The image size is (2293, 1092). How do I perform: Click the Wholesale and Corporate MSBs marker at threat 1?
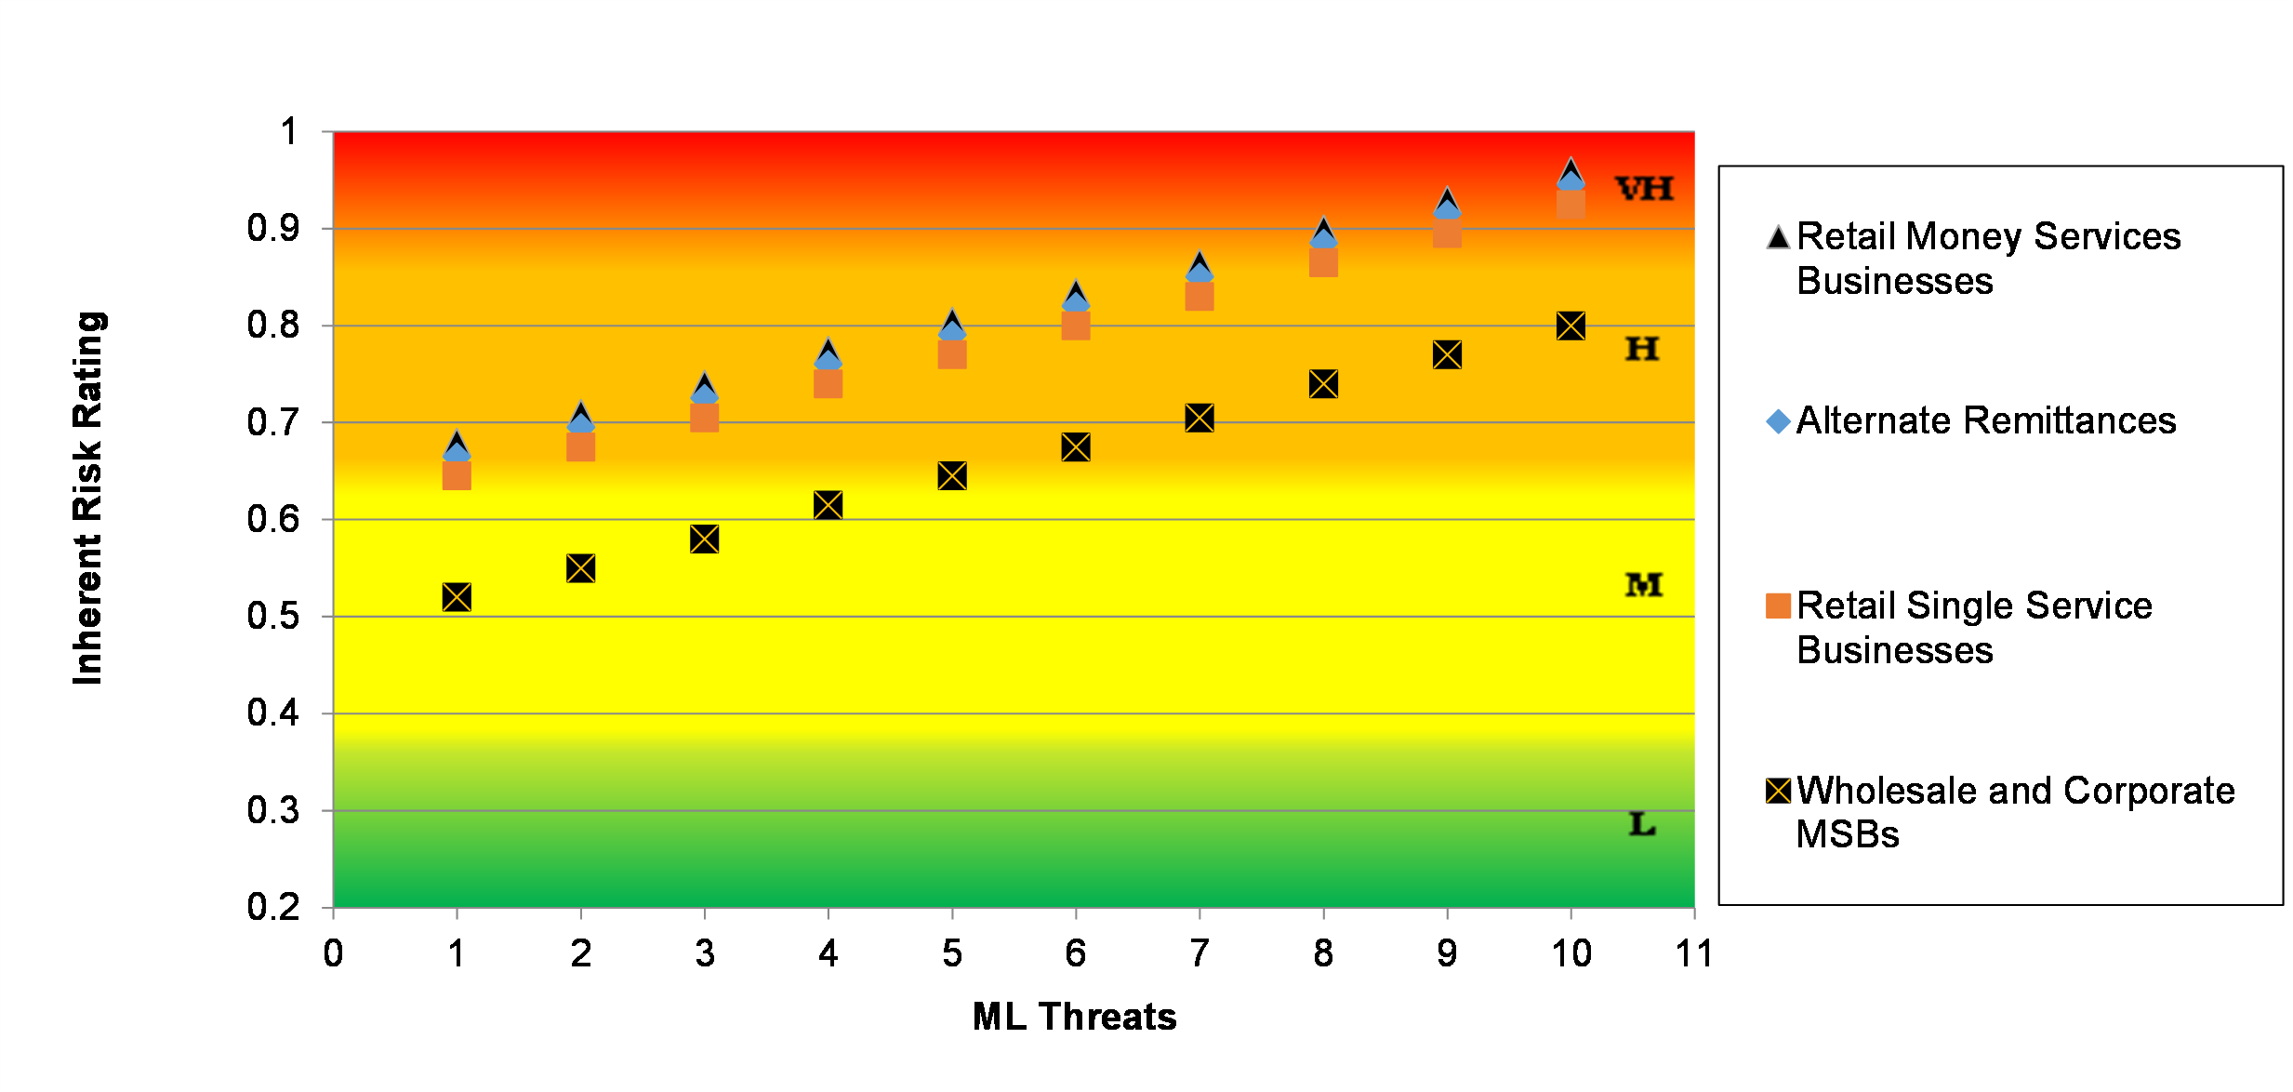[457, 597]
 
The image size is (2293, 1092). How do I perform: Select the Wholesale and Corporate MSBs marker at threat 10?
[1571, 326]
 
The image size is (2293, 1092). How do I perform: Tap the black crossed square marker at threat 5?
[952, 476]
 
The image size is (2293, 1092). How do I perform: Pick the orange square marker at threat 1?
[457, 476]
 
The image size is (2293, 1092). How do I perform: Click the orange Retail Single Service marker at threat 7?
[1200, 297]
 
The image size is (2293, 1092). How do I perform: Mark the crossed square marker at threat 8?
[1323, 384]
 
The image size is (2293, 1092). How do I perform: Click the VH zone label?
[1644, 189]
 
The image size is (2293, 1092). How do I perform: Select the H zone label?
[1642, 349]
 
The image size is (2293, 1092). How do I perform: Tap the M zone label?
[1644, 585]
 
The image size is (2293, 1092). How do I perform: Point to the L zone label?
[1642, 824]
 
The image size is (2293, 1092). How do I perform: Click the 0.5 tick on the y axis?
[272, 617]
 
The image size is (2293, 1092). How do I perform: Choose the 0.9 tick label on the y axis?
[272, 229]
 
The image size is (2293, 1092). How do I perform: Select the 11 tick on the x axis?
[1693, 953]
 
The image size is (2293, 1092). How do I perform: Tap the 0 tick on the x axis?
[333, 953]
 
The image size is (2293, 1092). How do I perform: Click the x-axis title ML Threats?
[1074, 1017]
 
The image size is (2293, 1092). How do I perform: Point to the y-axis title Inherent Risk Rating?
[88, 499]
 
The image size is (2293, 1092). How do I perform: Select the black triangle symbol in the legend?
[1778, 238]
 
